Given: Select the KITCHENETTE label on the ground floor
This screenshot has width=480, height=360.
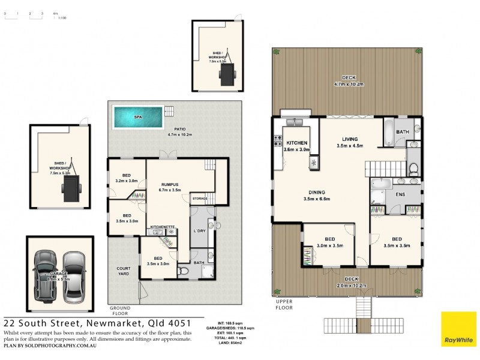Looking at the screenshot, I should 162,227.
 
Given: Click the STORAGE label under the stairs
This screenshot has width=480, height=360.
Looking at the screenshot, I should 199,198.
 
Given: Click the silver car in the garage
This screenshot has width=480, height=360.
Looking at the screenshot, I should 74,275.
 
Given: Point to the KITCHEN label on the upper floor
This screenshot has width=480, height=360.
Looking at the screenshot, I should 297,143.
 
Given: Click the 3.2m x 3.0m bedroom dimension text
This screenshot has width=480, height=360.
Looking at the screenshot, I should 127,181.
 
